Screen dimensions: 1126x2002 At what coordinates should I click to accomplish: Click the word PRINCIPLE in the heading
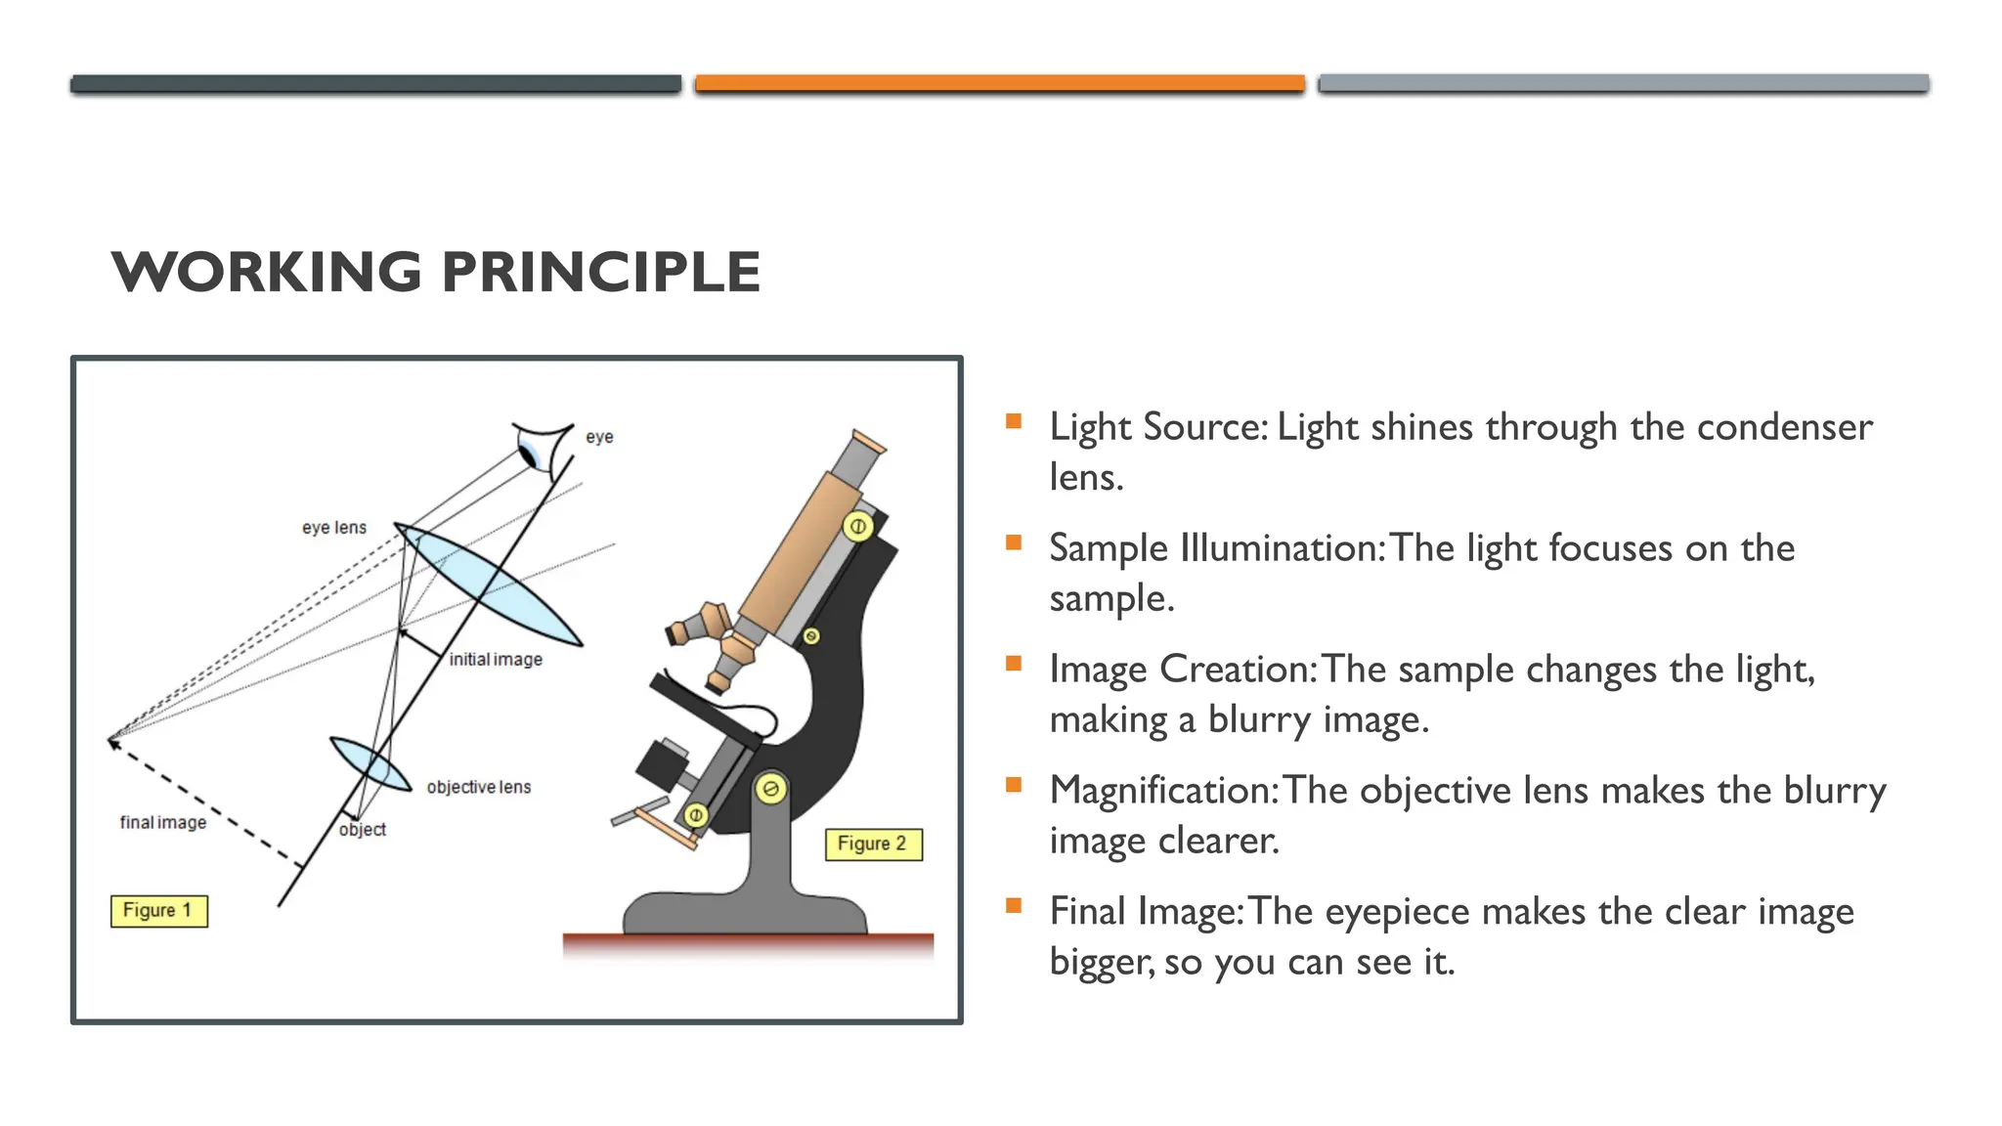pos(600,272)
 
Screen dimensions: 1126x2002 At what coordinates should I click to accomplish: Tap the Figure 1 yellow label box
pos(158,911)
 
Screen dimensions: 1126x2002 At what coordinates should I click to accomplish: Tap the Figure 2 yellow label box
pos(873,844)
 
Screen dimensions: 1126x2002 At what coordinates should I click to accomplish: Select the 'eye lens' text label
pos(334,528)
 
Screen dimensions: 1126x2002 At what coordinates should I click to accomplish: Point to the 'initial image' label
pos(496,660)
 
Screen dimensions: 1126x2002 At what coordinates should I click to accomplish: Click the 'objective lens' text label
pos(479,787)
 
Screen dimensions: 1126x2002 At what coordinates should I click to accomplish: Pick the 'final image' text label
pos(163,823)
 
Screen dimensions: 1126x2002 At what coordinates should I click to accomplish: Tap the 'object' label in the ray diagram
pos(363,830)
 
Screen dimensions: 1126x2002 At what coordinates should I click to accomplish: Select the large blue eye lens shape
pos(488,585)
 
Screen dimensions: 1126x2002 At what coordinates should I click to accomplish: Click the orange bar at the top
pos(999,84)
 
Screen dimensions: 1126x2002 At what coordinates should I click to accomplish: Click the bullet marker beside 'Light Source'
pos(1014,422)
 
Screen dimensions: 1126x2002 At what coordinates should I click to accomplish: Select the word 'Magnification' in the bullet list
pos(1160,791)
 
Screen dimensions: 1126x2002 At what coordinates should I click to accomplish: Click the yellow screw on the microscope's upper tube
pos(857,527)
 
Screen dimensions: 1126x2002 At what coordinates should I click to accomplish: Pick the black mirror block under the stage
pos(663,762)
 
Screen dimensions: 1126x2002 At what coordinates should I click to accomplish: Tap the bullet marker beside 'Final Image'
pos(1014,906)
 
